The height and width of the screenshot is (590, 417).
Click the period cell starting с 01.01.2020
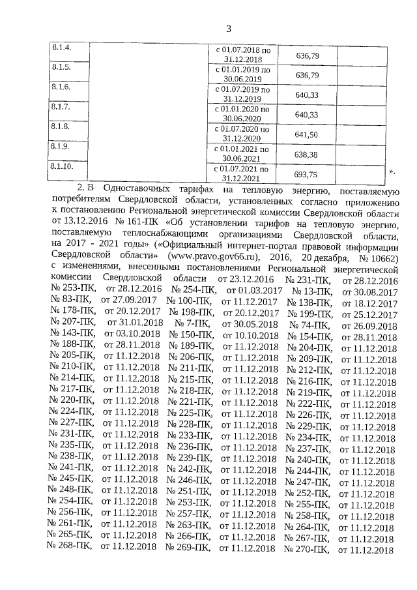(x=241, y=114)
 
